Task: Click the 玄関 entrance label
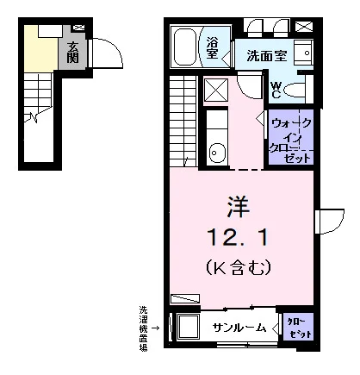pyautogui.click(x=72, y=53)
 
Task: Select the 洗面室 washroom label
pyautogui.click(x=267, y=56)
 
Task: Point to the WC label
pyautogui.click(x=276, y=90)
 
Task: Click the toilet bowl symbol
pyautogui.click(x=295, y=91)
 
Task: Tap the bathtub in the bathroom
pyautogui.click(x=185, y=47)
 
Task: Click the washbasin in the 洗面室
pyautogui.click(x=303, y=53)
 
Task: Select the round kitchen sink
pyautogui.click(x=214, y=153)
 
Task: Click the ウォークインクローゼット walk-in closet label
pyautogui.click(x=291, y=141)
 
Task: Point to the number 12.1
pyautogui.click(x=239, y=237)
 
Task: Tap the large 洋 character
pyautogui.click(x=239, y=207)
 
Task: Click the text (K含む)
pyautogui.click(x=239, y=267)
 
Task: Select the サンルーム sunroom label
pyautogui.click(x=239, y=328)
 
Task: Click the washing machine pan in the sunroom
pyautogui.click(x=189, y=327)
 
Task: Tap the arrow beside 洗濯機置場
pyautogui.click(x=156, y=328)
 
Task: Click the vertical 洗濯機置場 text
pyautogui.click(x=143, y=329)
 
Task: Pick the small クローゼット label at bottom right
pyautogui.click(x=300, y=328)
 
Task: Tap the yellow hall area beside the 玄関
pyautogui.click(x=40, y=49)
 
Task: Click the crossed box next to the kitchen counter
pyautogui.click(x=216, y=91)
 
